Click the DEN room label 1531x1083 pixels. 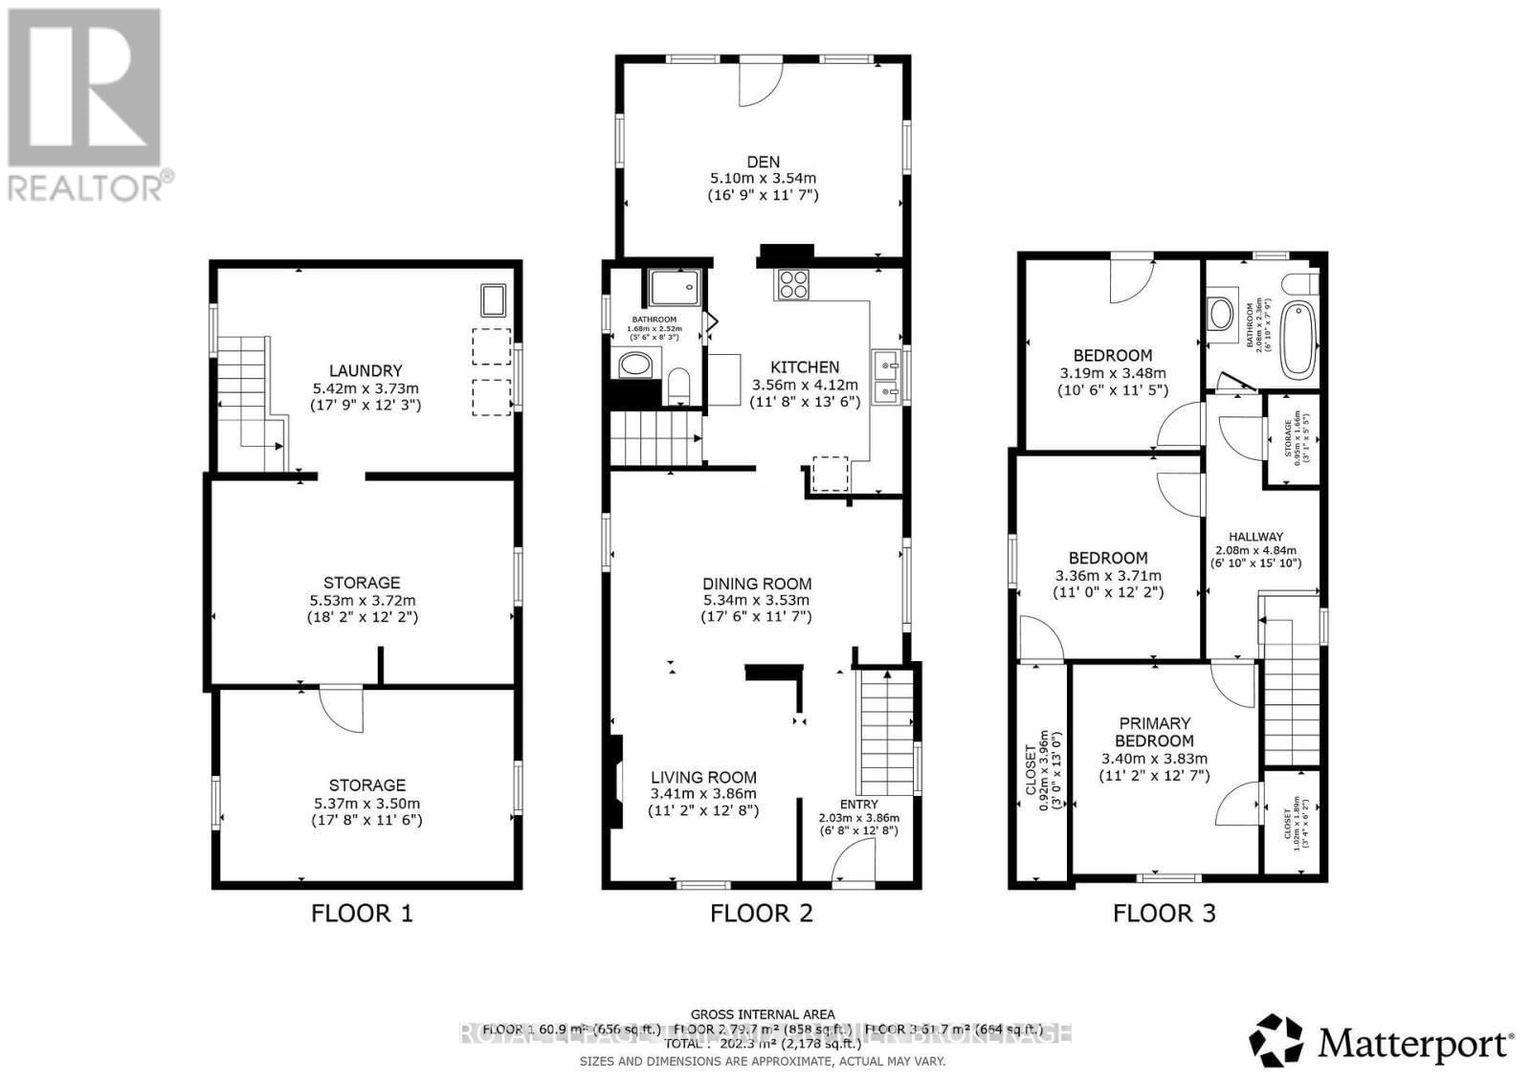pos(763,162)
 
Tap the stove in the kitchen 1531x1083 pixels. pos(794,284)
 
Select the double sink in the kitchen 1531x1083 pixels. pos(885,376)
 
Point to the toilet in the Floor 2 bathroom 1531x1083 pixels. pos(678,387)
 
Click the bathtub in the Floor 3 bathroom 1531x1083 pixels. pos(1298,338)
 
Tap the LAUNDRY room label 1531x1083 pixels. pos(365,371)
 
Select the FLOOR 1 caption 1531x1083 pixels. pos(362,913)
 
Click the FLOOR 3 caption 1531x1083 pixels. pos(1164,913)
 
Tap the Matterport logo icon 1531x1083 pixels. pos(1276,1041)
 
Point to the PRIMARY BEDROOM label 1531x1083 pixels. pos(1154,732)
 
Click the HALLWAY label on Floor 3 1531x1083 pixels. pos(1255,537)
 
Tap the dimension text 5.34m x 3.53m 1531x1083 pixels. pos(756,601)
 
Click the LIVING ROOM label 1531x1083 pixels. pos(703,778)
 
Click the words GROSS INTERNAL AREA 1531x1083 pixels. pos(762,1014)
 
